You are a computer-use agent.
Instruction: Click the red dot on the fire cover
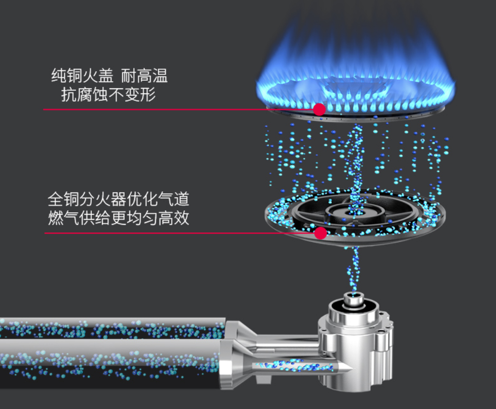coord(319,109)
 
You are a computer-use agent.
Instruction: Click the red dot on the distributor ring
coord(320,233)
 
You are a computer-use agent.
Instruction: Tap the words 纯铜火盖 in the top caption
coord(82,76)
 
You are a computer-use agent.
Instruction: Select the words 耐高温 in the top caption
coord(144,76)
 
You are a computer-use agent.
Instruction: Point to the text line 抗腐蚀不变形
coord(108,94)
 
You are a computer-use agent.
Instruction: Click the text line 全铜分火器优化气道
coord(118,199)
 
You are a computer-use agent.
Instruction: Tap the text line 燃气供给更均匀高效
coord(118,218)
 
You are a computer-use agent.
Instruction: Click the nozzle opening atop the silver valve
coord(353,297)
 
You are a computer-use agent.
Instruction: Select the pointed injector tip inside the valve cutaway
coord(346,367)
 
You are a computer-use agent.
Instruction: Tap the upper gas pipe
coord(113,328)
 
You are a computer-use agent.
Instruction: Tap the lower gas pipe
coord(109,364)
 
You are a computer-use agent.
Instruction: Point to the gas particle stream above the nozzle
coord(354,269)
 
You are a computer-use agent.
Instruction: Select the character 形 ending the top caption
coord(148,94)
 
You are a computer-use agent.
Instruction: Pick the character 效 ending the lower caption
coord(181,218)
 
